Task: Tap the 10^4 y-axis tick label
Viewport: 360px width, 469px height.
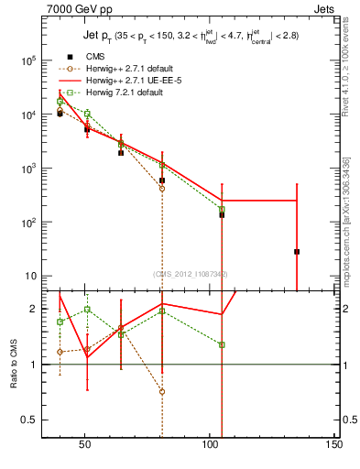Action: [28, 115]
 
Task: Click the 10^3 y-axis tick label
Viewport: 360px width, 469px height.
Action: [28, 169]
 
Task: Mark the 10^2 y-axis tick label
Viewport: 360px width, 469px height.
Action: [28, 223]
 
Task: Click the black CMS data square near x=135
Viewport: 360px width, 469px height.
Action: [297, 251]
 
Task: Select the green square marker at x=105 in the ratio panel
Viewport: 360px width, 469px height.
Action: [222, 344]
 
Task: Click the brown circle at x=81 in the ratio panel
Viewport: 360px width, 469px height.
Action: [162, 391]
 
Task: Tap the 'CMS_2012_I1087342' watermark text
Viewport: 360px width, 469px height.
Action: [189, 274]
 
